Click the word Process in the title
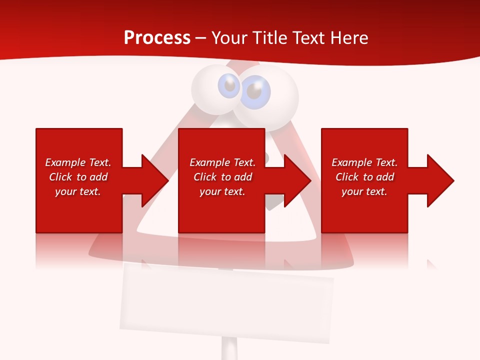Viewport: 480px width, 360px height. pyautogui.click(x=157, y=38)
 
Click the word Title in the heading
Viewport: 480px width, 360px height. pyautogui.click(x=269, y=38)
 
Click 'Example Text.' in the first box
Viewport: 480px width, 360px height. pyautogui.click(x=78, y=162)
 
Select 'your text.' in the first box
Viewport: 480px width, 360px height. pyautogui.click(x=78, y=191)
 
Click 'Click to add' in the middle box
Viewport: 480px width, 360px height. pyautogui.click(x=222, y=177)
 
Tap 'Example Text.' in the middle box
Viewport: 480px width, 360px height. pyautogui.click(x=222, y=162)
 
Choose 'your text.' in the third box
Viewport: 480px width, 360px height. pyautogui.click(x=364, y=191)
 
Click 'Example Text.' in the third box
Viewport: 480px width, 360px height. pyautogui.click(x=364, y=162)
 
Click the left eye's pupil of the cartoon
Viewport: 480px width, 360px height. pyautogui.click(x=230, y=86)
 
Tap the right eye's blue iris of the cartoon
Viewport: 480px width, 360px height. pyautogui.click(x=255, y=92)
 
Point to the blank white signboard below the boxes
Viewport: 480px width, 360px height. pyautogui.click(x=226, y=302)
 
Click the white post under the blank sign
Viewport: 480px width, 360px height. pyautogui.click(x=229, y=349)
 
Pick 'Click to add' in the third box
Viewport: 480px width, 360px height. pyautogui.click(x=364, y=177)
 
